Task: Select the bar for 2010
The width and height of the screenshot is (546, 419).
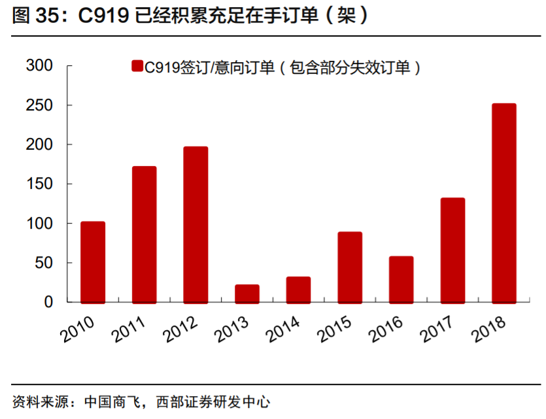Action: pyautogui.click(x=93, y=262)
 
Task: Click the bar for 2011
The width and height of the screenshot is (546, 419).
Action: pyautogui.click(x=144, y=235)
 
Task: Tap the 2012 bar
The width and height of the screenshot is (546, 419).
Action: pyautogui.click(x=196, y=225)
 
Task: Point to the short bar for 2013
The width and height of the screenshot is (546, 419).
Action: pyautogui.click(x=247, y=293)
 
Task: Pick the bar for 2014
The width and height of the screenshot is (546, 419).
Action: pyautogui.click(x=298, y=290)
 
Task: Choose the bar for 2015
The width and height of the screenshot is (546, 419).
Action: pyautogui.click(x=350, y=267)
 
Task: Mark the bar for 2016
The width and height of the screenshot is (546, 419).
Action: pyautogui.click(x=401, y=279)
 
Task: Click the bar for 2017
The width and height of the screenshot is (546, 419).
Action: pyautogui.click(x=452, y=250)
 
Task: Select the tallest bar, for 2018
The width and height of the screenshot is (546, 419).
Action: pyautogui.click(x=503, y=203)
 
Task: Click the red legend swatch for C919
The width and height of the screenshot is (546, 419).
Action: pyautogui.click(x=137, y=66)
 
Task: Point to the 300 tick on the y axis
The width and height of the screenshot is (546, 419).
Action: pyautogui.click(x=39, y=66)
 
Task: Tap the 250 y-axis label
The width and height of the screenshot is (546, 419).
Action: pyautogui.click(x=39, y=105)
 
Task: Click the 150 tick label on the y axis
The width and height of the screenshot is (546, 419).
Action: pyautogui.click(x=39, y=184)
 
